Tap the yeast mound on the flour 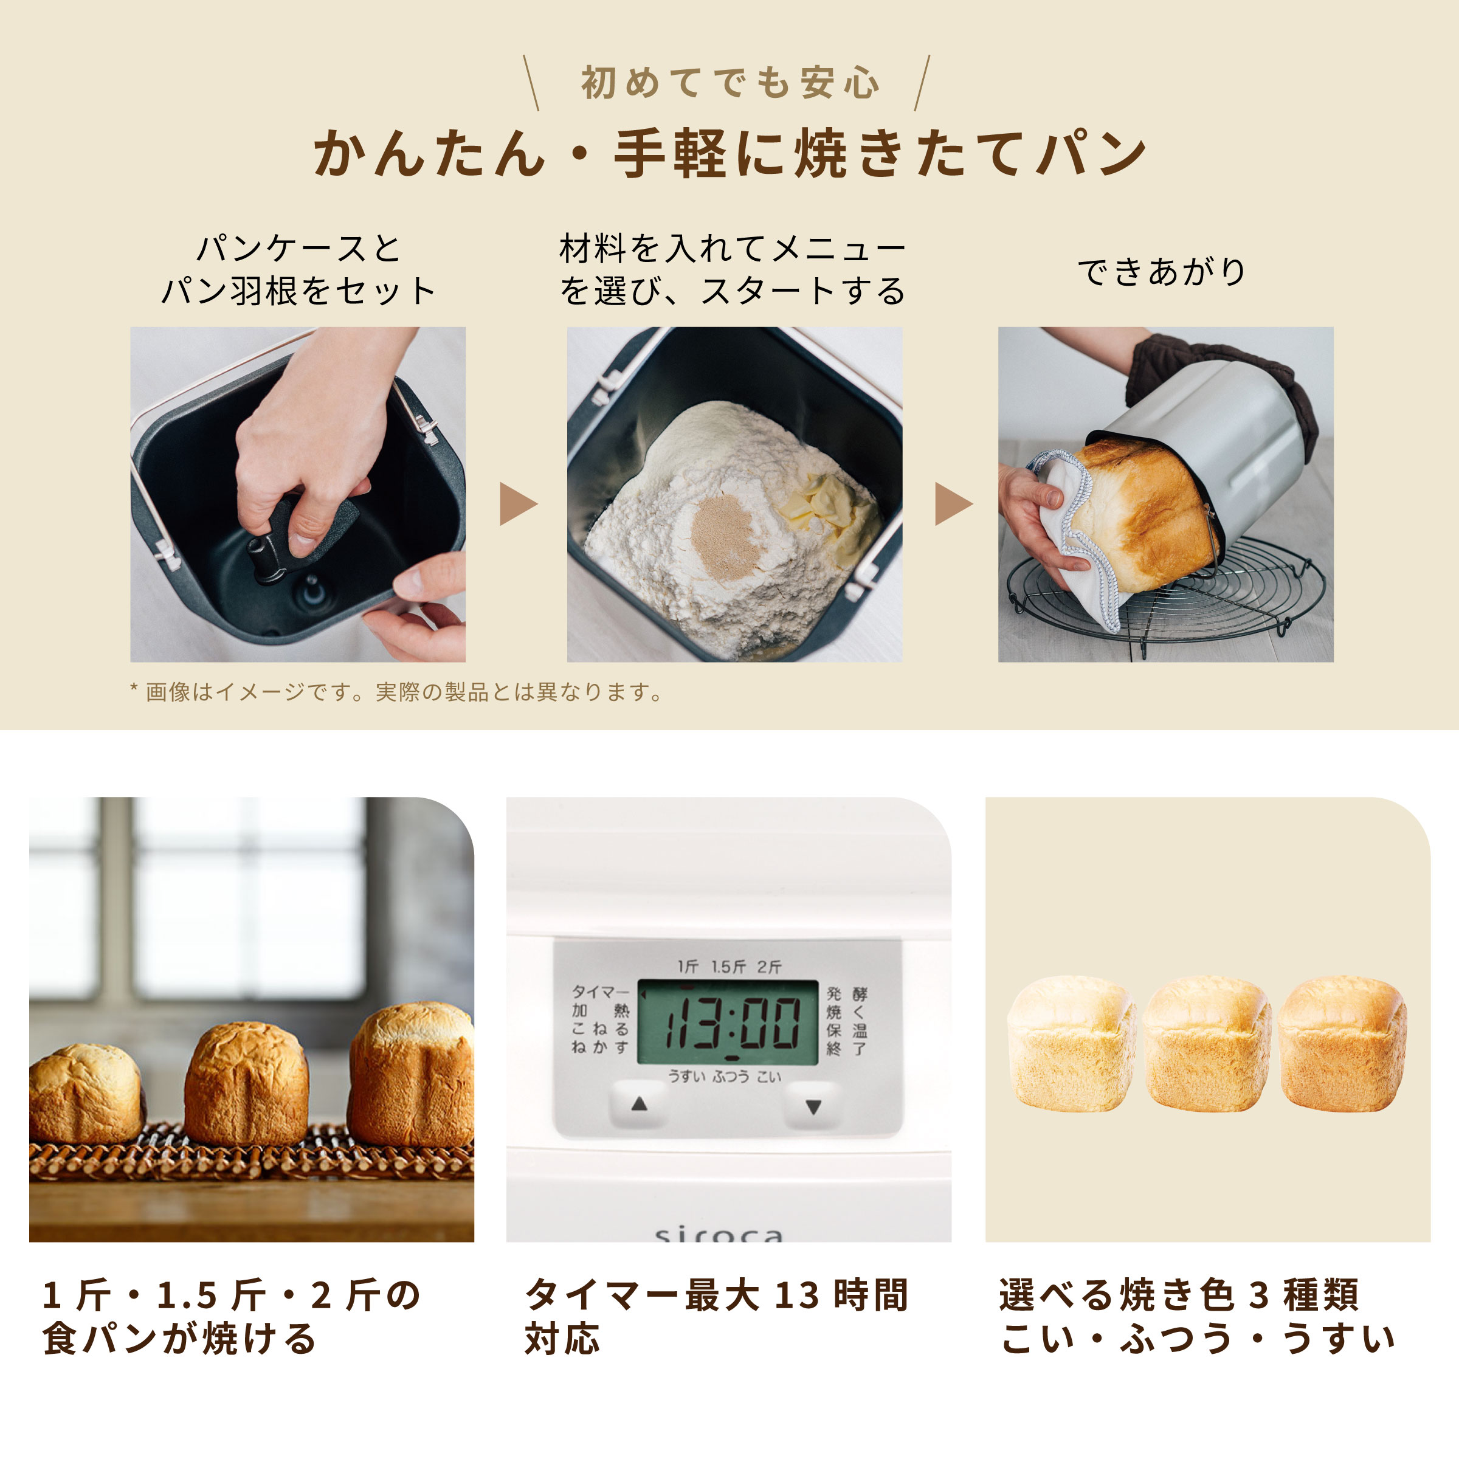723,536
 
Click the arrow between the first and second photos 517,504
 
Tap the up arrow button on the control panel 639,1104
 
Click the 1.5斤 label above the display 728,967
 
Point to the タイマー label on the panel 599,992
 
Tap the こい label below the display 769,1077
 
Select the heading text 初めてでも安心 729,83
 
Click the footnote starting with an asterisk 396,692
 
